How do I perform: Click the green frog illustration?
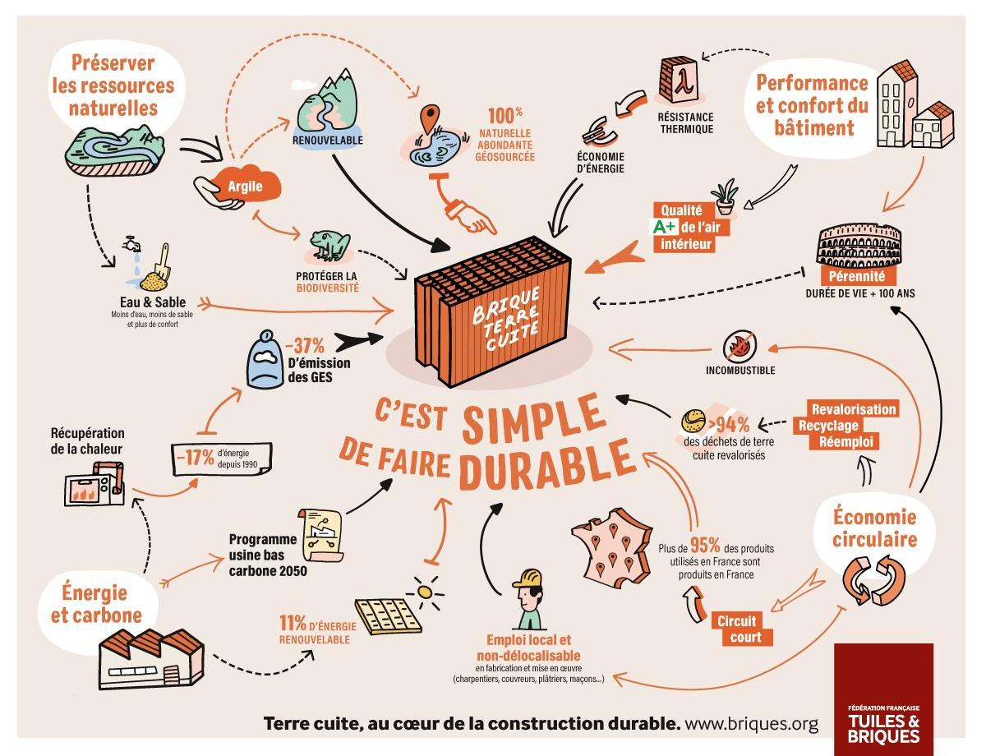(329, 244)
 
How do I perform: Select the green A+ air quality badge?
(666, 226)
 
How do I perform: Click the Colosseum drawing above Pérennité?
(859, 246)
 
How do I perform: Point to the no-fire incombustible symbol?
(740, 347)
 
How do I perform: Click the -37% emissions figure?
(305, 346)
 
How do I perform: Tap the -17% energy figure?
(195, 457)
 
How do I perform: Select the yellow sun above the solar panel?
(425, 592)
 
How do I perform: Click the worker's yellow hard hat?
(528, 579)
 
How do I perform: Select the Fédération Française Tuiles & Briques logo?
(883, 698)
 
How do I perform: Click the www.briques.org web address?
(752, 723)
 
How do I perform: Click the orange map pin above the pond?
(430, 118)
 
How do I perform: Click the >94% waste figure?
(729, 425)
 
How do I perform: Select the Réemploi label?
(845, 442)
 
